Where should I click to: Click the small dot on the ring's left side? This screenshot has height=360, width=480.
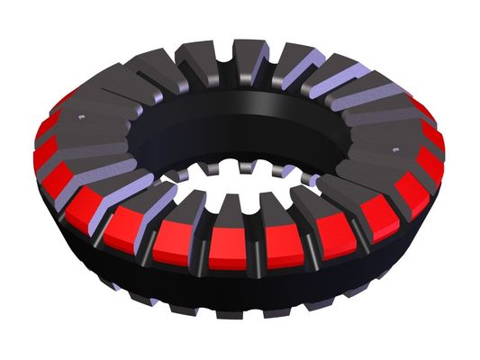[x=80, y=118]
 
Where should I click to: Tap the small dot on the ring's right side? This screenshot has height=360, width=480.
[x=394, y=145]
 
